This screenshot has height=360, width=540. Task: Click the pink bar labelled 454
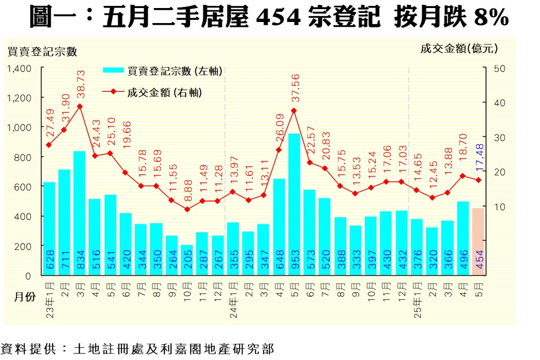478,241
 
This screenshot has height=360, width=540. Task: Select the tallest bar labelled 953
294,204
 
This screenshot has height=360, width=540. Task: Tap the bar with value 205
187,260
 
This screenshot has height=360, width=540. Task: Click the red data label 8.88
187,188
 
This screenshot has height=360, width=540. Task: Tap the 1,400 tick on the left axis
20,68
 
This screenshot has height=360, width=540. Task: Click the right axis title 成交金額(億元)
459,48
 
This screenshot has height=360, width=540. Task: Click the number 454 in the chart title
278,18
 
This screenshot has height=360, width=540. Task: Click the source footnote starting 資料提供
137,349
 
